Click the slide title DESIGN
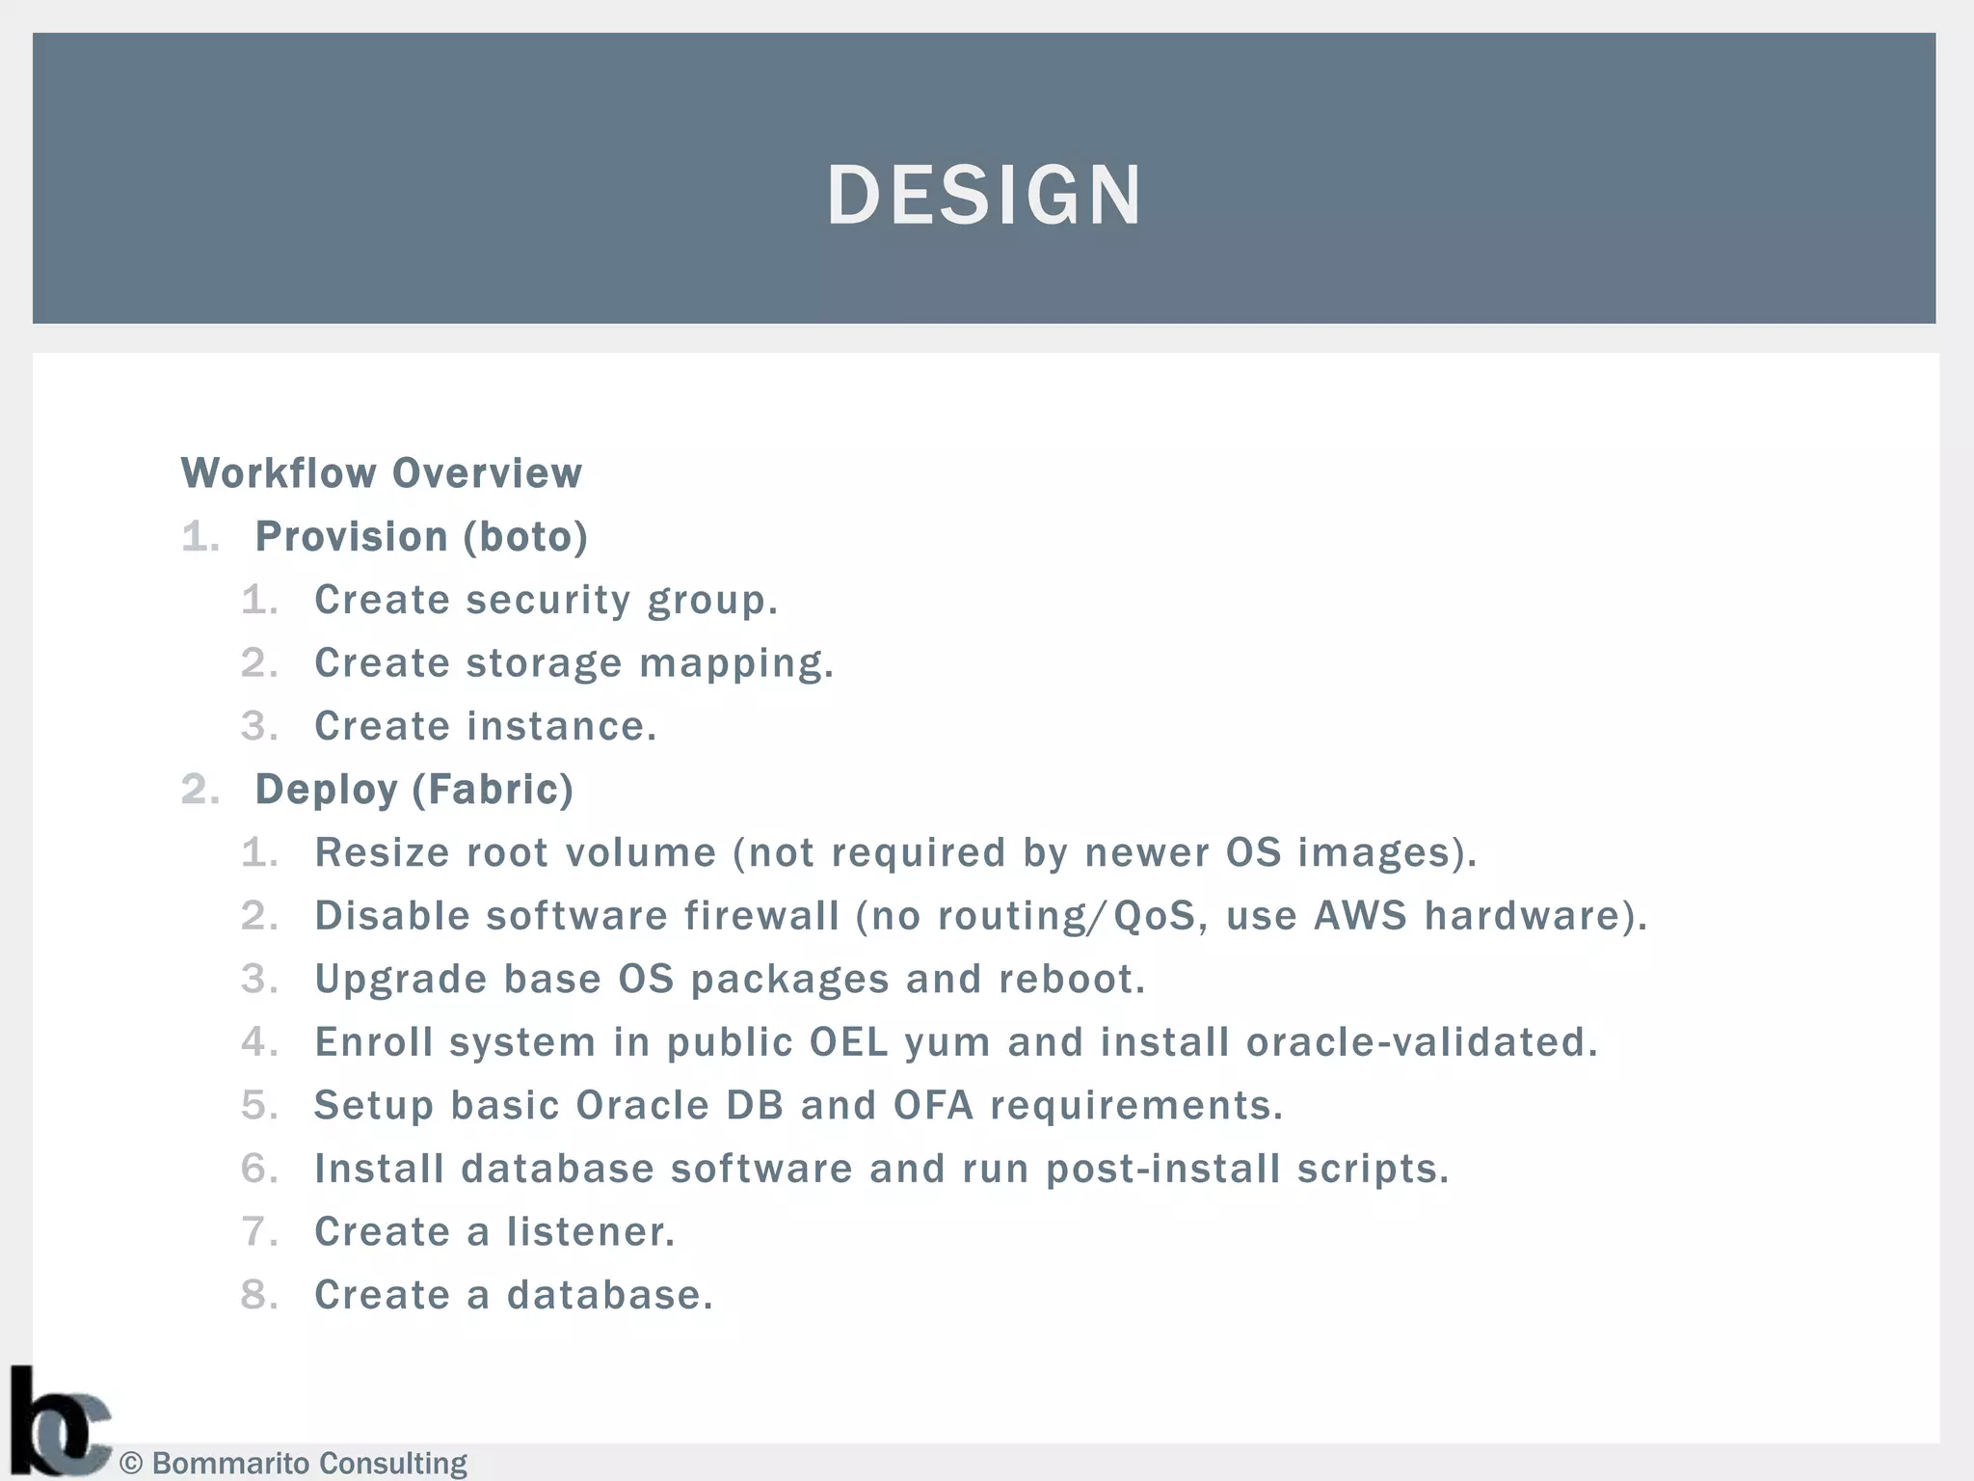pyautogui.click(x=984, y=195)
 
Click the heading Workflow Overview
pyautogui.click(x=382, y=473)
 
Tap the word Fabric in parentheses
pyautogui.click(x=493, y=790)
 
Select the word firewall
pyautogui.click(x=761, y=916)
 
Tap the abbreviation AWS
pyautogui.click(x=1360, y=916)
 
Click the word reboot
pyautogui.click(x=1071, y=980)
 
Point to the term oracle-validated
pyautogui.click(x=1421, y=1042)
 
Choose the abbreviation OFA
pyautogui.click(x=933, y=1106)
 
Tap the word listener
pyautogui.click(x=590, y=1232)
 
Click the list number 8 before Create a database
pyautogui.click(x=257, y=1296)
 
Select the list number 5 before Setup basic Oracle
pyautogui.click(x=257, y=1106)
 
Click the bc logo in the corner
pyautogui.click(x=58, y=1423)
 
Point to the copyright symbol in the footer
pyautogui.click(x=131, y=1464)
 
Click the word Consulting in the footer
pyautogui.click(x=392, y=1464)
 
